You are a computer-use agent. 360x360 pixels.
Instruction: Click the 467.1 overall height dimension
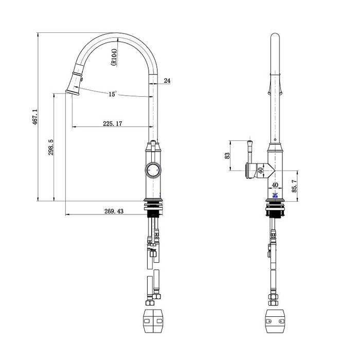35,117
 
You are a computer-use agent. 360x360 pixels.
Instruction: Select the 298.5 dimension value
51,147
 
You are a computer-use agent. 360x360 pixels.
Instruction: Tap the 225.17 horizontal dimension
113,123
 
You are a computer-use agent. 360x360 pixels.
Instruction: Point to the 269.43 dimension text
114,211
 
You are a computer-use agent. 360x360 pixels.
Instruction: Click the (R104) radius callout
114,57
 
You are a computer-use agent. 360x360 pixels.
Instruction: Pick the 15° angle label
113,94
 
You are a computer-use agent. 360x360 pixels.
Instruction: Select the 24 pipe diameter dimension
167,81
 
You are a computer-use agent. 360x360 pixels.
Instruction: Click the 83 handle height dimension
227,156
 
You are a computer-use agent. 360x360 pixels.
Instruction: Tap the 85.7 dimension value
294,186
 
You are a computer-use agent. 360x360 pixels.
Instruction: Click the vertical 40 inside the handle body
260,170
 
